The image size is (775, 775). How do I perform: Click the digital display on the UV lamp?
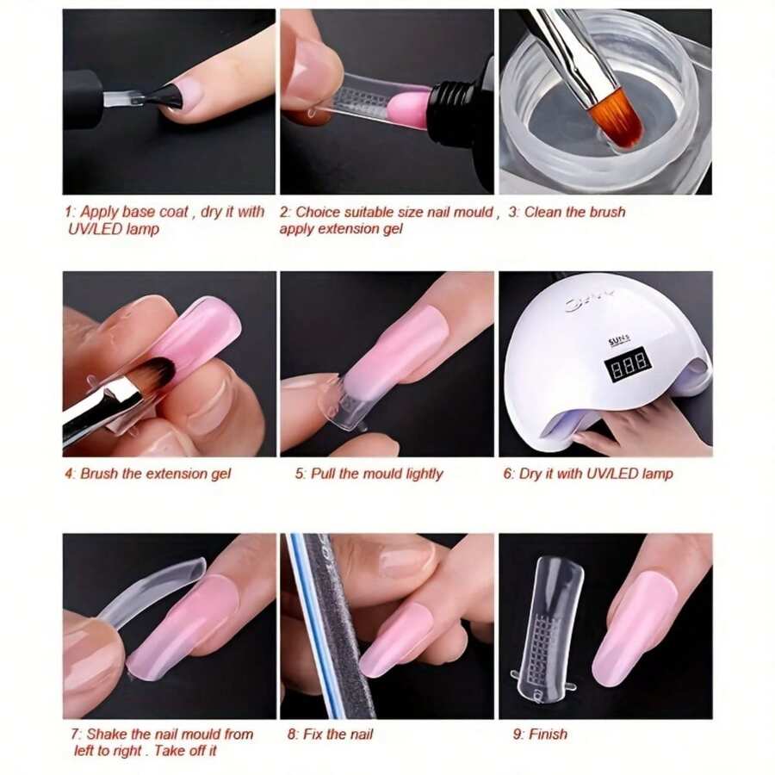[x=627, y=365]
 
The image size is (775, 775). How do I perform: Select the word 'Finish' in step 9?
[x=548, y=734]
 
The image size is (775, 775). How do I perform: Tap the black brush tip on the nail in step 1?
[x=166, y=97]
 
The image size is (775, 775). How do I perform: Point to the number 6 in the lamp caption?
[x=507, y=474]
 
